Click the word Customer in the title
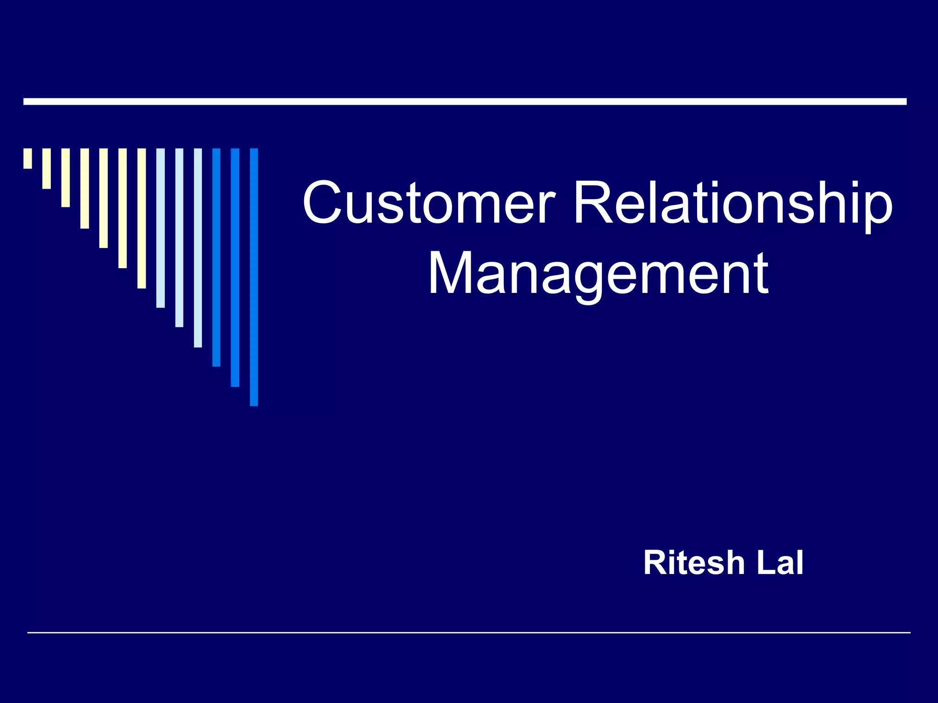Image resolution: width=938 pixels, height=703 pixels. click(429, 202)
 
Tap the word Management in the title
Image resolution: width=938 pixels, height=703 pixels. click(598, 274)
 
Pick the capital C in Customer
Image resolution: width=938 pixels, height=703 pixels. click(323, 202)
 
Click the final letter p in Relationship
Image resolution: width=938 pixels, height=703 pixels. click(878, 208)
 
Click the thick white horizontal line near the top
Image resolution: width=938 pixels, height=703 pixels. click(465, 102)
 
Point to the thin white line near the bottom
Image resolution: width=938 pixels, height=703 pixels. click(469, 633)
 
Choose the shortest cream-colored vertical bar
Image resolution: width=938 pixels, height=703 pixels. click(28, 158)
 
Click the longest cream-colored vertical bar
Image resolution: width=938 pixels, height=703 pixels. click(142, 218)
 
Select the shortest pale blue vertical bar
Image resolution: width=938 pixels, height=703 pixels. click(160, 228)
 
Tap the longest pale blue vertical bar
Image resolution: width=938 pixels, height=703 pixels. click(198, 248)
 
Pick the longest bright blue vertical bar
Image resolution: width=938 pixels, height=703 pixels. click(254, 277)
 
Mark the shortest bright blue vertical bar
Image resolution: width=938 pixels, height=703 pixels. click(216, 257)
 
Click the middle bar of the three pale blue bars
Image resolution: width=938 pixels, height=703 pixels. click(179, 238)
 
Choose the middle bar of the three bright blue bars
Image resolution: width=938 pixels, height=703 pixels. click(235, 267)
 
